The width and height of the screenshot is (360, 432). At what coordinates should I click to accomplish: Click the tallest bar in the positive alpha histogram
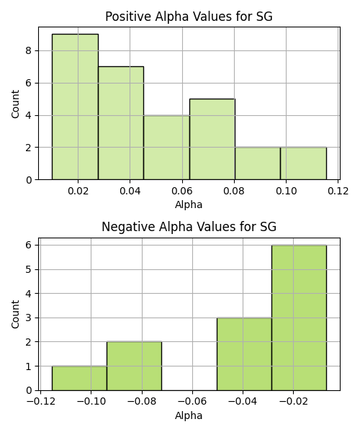[75, 107]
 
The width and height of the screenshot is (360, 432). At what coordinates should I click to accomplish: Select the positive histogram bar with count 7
[121, 123]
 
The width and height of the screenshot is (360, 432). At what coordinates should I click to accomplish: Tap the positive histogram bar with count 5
[212, 139]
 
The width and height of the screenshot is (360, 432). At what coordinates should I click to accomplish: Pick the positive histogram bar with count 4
[166, 148]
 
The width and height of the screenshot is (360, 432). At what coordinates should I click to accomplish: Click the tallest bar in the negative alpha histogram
[299, 318]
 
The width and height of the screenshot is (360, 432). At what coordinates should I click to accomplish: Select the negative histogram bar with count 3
[244, 354]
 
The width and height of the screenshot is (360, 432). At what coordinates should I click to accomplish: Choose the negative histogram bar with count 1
[80, 378]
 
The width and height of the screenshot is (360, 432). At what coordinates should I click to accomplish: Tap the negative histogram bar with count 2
[135, 366]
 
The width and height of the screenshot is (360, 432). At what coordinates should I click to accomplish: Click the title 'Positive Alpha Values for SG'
[189, 17]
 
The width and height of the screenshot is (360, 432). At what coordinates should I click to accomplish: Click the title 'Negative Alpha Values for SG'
[189, 227]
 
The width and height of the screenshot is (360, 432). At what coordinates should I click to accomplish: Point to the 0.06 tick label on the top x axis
[182, 191]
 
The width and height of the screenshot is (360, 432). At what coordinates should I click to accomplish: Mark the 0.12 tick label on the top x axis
[338, 191]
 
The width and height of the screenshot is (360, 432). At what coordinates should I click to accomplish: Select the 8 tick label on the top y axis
[29, 51]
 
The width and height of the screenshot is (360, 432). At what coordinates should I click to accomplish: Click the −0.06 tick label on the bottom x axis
[192, 402]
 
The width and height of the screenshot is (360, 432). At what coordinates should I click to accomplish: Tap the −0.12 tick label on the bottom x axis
[41, 402]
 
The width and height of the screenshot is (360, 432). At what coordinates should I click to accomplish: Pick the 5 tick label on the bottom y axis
[29, 269]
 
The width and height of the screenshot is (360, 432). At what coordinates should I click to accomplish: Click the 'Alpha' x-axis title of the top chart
[189, 204]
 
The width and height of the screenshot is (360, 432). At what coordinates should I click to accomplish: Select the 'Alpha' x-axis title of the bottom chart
[189, 415]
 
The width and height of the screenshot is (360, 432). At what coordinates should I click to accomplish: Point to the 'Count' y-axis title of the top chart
[15, 104]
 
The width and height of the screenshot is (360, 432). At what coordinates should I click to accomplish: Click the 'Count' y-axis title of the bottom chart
[15, 315]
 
